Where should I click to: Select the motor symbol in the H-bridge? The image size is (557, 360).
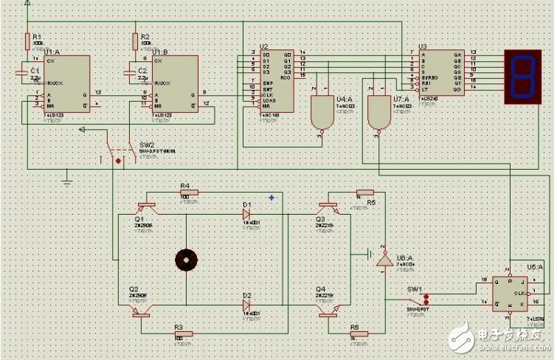(x=186, y=260)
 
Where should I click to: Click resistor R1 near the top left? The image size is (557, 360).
(x=28, y=40)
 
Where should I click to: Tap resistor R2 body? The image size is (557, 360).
(x=136, y=40)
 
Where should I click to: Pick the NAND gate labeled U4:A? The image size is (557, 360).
(x=322, y=112)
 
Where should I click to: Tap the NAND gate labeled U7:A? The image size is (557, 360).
(x=380, y=112)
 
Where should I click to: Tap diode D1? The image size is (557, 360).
(x=247, y=215)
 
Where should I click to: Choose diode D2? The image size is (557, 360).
(x=247, y=305)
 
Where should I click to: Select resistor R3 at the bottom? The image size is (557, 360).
(x=184, y=334)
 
